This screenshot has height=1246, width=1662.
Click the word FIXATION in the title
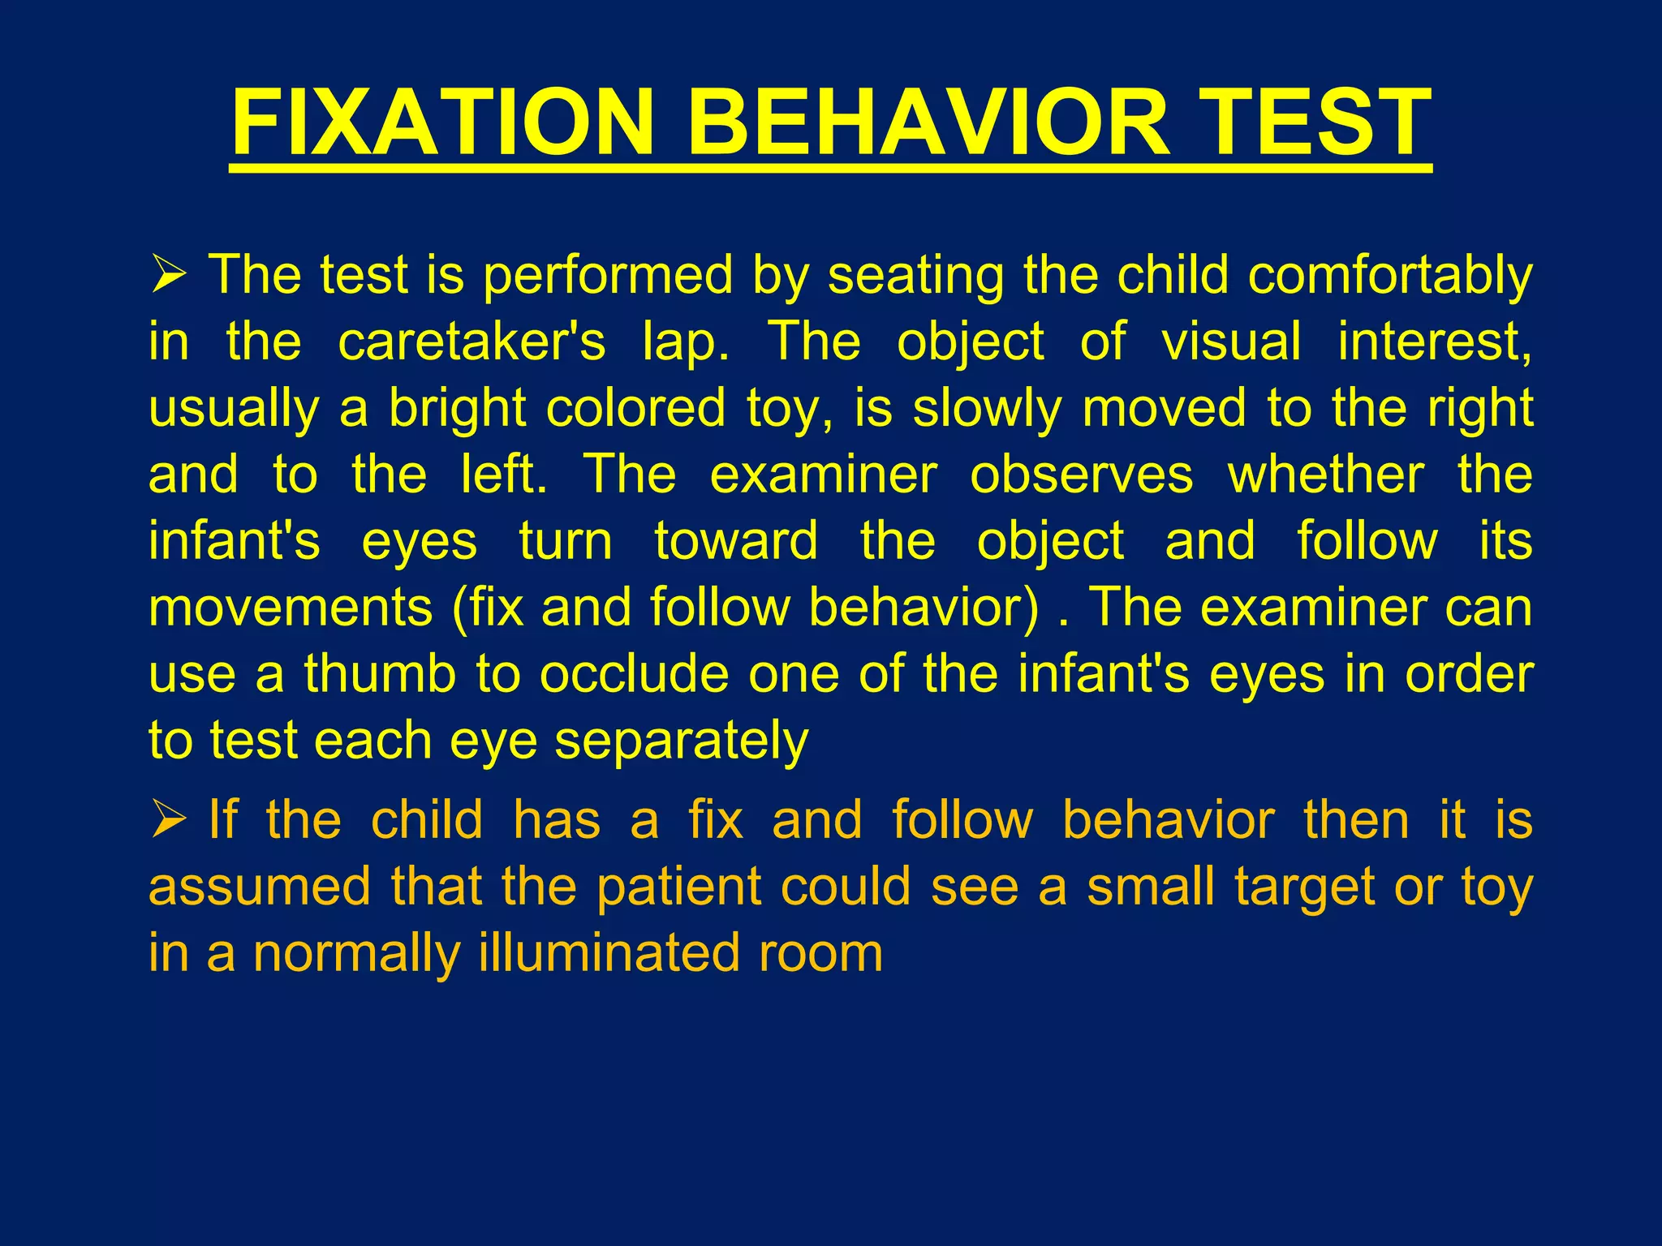point(443,123)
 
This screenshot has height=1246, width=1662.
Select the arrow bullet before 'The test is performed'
point(169,275)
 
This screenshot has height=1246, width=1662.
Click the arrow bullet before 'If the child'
point(169,820)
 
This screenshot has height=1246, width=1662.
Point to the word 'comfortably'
point(1390,276)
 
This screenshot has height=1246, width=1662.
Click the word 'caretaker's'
point(471,342)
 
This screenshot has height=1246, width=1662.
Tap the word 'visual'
point(1231,342)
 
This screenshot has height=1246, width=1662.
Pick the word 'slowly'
point(987,408)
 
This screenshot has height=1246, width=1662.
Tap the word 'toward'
point(736,541)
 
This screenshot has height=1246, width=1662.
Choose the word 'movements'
point(291,608)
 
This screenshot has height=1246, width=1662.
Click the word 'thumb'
point(381,674)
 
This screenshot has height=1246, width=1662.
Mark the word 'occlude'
point(635,674)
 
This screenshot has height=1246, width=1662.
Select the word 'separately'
point(681,741)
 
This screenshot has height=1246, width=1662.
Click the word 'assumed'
point(260,887)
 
